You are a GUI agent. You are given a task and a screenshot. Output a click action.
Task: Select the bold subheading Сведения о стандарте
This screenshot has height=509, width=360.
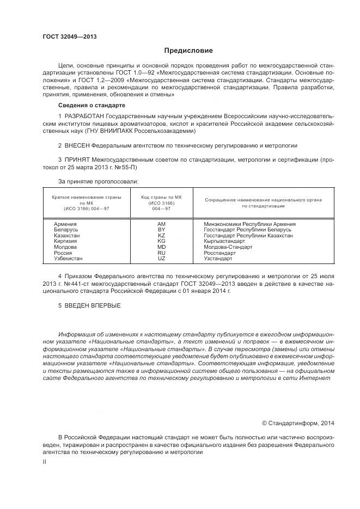coord(91,105)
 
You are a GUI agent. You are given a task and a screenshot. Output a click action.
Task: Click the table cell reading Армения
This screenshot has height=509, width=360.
coord(65,224)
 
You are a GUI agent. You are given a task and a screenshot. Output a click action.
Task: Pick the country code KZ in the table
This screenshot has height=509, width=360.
coord(161,236)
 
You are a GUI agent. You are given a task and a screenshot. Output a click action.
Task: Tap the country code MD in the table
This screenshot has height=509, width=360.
coord(161,247)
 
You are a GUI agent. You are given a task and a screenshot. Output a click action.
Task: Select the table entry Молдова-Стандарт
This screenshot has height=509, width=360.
coord(228,247)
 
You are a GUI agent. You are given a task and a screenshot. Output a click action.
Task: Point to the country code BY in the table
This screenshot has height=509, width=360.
coord(161,230)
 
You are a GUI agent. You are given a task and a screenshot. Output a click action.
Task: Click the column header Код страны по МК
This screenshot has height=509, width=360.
coord(161,197)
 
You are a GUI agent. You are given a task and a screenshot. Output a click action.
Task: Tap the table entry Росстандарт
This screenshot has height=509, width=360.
coord(219,253)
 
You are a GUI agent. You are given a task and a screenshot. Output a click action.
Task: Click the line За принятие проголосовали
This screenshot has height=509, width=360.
coord(98,181)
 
